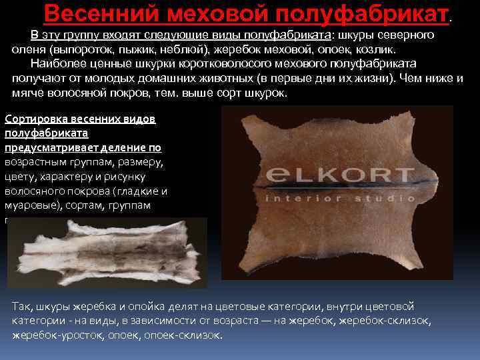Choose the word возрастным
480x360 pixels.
(35, 162)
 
